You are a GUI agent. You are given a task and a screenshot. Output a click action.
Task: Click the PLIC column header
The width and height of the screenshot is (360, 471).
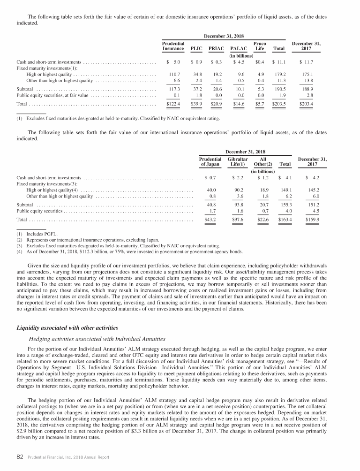pos(196,48)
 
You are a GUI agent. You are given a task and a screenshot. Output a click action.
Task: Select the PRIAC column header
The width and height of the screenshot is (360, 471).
pos(217,48)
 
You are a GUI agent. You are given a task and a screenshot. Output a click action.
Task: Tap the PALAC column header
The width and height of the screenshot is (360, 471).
pos(239,48)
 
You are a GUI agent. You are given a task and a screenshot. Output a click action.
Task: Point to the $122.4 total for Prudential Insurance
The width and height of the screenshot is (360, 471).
pos(173,103)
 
